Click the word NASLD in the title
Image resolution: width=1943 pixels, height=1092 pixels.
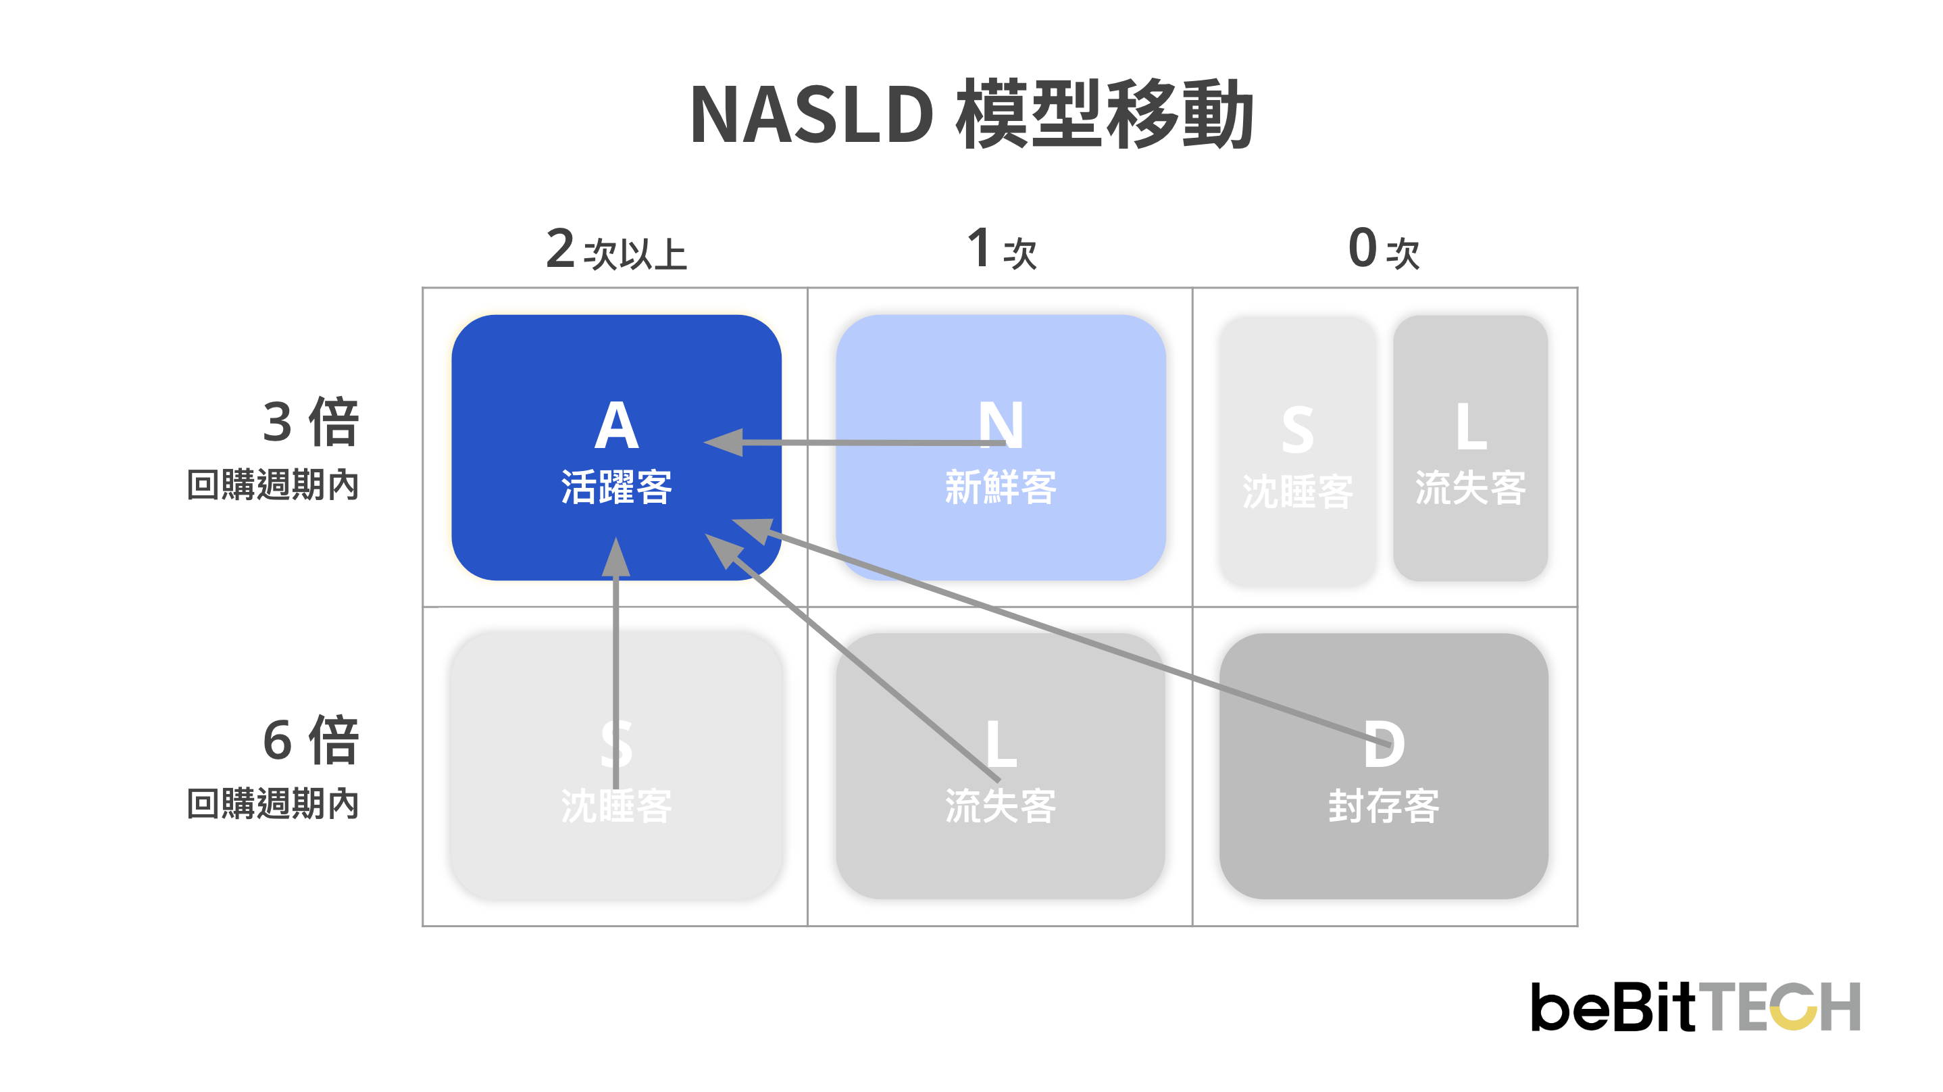pyautogui.click(x=811, y=116)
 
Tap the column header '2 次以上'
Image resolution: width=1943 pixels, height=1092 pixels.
pyautogui.click(x=616, y=249)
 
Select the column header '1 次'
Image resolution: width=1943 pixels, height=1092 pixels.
pyautogui.click(x=1002, y=249)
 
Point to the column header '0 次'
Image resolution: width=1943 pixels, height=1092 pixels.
pyautogui.click(x=1384, y=249)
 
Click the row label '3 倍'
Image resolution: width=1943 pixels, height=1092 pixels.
pyautogui.click(x=311, y=422)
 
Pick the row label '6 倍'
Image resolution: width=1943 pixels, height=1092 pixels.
pyautogui.click(x=311, y=741)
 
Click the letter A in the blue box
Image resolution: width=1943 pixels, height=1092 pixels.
pyautogui.click(x=616, y=426)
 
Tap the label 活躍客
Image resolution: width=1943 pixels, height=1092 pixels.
pyautogui.click(x=616, y=487)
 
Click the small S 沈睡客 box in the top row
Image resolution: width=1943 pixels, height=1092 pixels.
pyautogui.click(x=1297, y=451)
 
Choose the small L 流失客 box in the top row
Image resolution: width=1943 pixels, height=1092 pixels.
pyautogui.click(x=1470, y=449)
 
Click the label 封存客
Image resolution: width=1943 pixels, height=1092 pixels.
pyautogui.click(x=1384, y=807)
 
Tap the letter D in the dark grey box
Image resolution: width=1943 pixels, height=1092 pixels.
pyautogui.click(x=1384, y=745)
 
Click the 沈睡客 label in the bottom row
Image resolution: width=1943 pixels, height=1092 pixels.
pyautogui.click(x=616, y=807)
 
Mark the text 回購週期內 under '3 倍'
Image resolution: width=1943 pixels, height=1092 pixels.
pyautogui.click(x=273, y=485)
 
